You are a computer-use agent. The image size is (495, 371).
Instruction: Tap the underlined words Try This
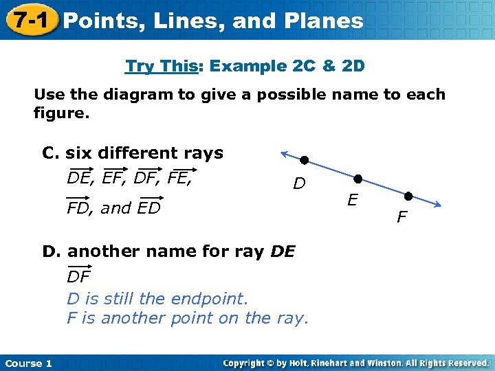coord(162,67)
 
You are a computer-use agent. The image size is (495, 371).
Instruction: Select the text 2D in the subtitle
coord(351,67)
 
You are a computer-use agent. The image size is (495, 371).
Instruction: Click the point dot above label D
coord(304,161)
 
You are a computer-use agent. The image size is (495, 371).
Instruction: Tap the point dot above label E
coord(357,179)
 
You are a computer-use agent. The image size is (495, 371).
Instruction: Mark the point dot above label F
coord(408,195)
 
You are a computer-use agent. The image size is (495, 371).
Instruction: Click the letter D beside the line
coord(299,183)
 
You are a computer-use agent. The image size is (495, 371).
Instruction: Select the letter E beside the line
coord(352,201)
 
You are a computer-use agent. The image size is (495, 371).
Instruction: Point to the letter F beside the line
coord(402,218)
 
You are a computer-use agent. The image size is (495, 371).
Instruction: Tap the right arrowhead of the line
coord(437,204)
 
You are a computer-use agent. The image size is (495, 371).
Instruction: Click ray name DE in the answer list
coord(80,179)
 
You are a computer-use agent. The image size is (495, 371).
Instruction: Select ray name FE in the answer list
coord(181,179)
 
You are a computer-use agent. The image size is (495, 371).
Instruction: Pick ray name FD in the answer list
coord(79,207)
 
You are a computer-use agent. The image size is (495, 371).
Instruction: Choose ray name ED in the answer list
coord(148,207)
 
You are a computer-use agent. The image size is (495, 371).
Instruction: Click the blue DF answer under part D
coord(78,277)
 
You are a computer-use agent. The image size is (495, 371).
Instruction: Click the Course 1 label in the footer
coord(28,363)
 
